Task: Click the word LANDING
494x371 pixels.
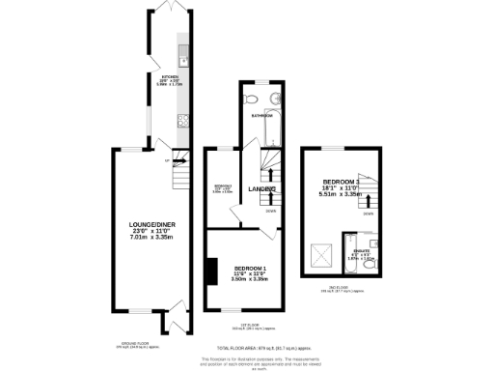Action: pyautogui.click(x=261, y=188)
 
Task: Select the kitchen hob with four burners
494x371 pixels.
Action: pyautogui.click(x=180, y=122)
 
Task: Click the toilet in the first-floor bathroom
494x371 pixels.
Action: pyautogui.click(x=251, y=99)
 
